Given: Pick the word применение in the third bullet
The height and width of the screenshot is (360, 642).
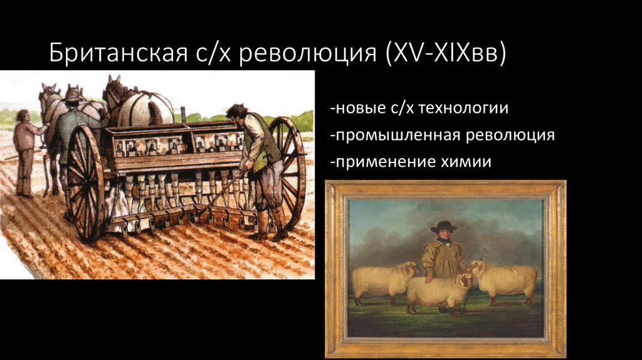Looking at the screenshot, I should (379, 162).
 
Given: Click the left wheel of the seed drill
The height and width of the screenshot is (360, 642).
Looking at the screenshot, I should (85, 182).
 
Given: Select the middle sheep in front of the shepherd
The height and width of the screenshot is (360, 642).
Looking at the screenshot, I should (439, 290).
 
